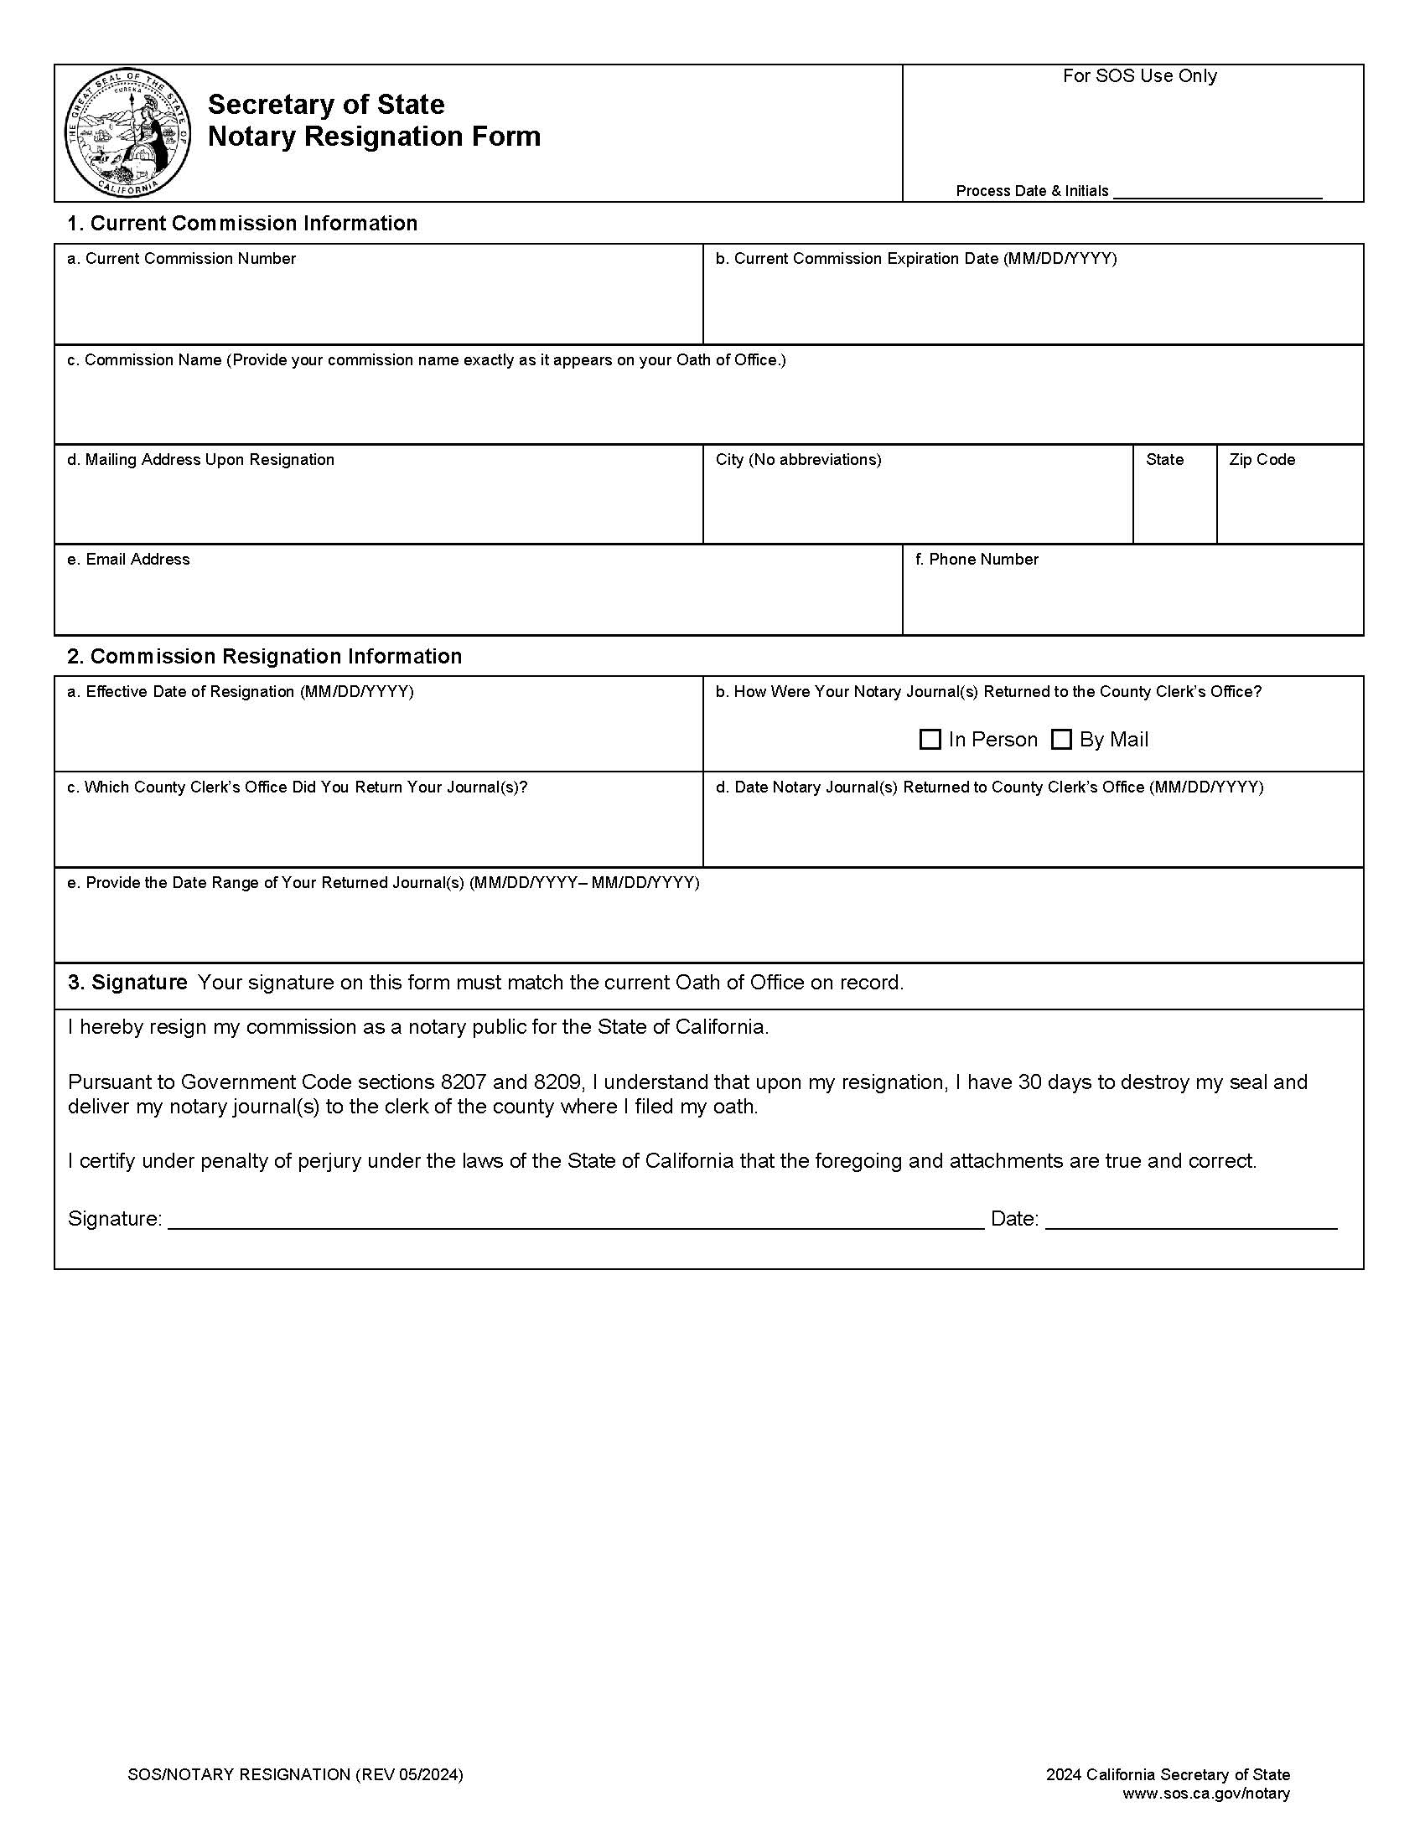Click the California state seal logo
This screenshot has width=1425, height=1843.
coord(127,133)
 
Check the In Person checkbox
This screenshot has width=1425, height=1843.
coord(930,739)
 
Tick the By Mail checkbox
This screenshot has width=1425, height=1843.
coord(1061,739)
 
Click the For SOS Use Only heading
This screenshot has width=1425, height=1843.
coord(1139,76)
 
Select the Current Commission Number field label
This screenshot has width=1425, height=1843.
coord(182,259)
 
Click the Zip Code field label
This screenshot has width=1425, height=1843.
coord(1262,460)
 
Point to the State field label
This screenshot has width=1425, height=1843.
coord(1164,460)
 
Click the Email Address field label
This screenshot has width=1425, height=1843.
coord(128,560)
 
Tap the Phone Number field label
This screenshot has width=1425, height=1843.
coord(976,560)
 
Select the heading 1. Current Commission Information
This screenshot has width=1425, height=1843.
coord(242,224)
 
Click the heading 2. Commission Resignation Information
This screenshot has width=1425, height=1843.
coord(264,657)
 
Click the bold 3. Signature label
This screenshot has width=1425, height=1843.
coord(127,983)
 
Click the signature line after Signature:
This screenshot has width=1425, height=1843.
coord(576,1220)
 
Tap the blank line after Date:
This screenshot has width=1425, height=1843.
coord(1190,1220)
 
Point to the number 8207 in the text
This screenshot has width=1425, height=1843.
coord(464,1082)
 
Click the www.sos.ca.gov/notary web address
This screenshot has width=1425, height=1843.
coord(1205,1794)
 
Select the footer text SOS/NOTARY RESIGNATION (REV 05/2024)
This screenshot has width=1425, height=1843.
coord(295,1774)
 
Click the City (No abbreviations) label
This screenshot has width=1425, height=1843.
coord(798,460)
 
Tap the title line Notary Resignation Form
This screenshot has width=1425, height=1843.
coord(374,137)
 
